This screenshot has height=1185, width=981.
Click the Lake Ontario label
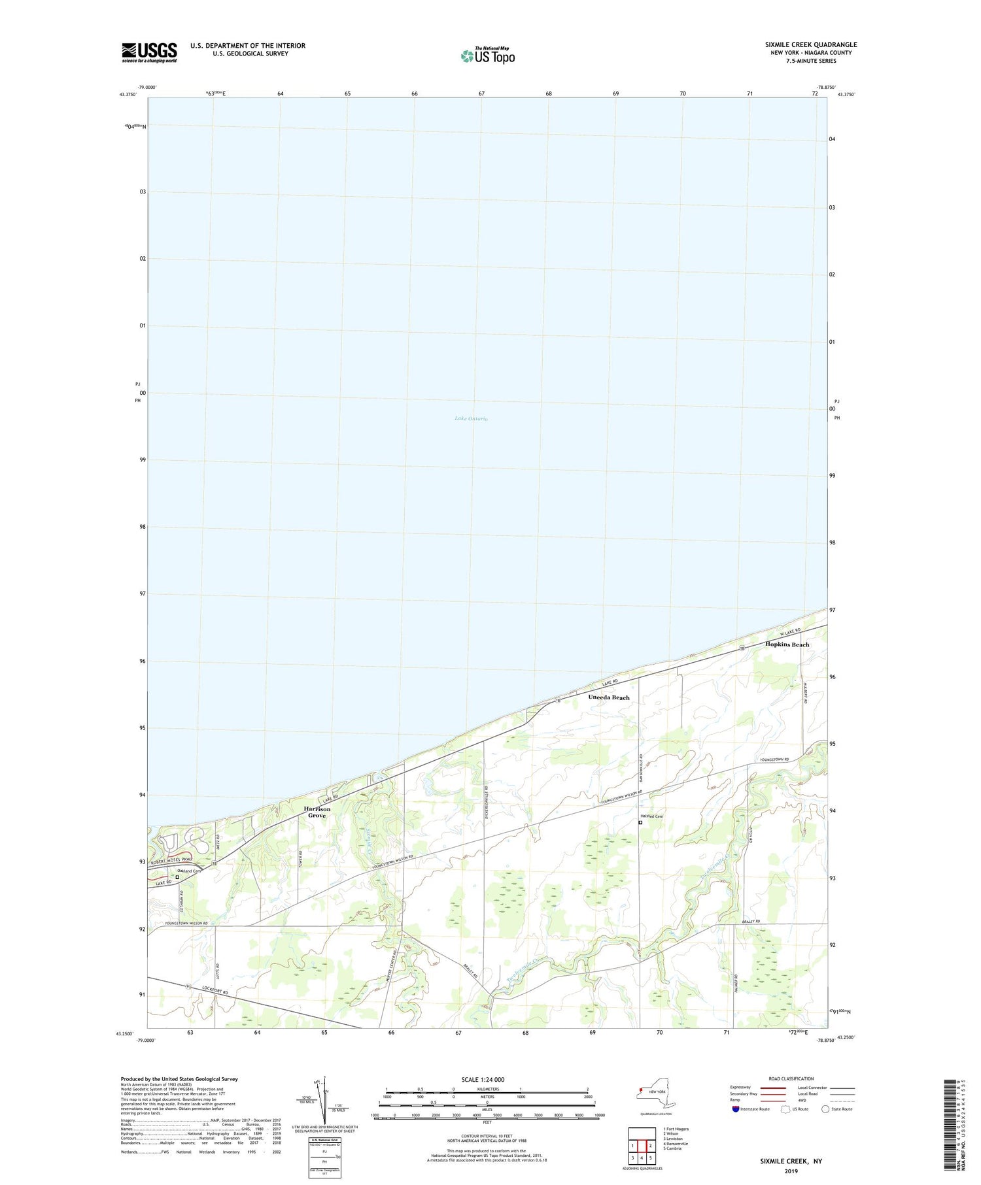click(x=471, y=418)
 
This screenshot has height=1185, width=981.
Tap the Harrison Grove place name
click(x=317, y=812)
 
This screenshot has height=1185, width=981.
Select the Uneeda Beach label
click(x=608, y=697)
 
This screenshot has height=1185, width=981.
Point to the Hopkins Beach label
click(x=787, y=644)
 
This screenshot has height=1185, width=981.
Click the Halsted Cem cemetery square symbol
click(x=640, y=824)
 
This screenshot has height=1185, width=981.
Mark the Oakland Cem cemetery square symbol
click(x=177, y=878)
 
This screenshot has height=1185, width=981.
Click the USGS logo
click(x=149, y=52)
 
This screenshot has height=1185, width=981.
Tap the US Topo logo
click(x=488, y=56)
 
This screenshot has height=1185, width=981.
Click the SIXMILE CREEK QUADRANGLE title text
click(x=811, y=44)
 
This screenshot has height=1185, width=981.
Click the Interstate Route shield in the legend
click(x=736, y=1109)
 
